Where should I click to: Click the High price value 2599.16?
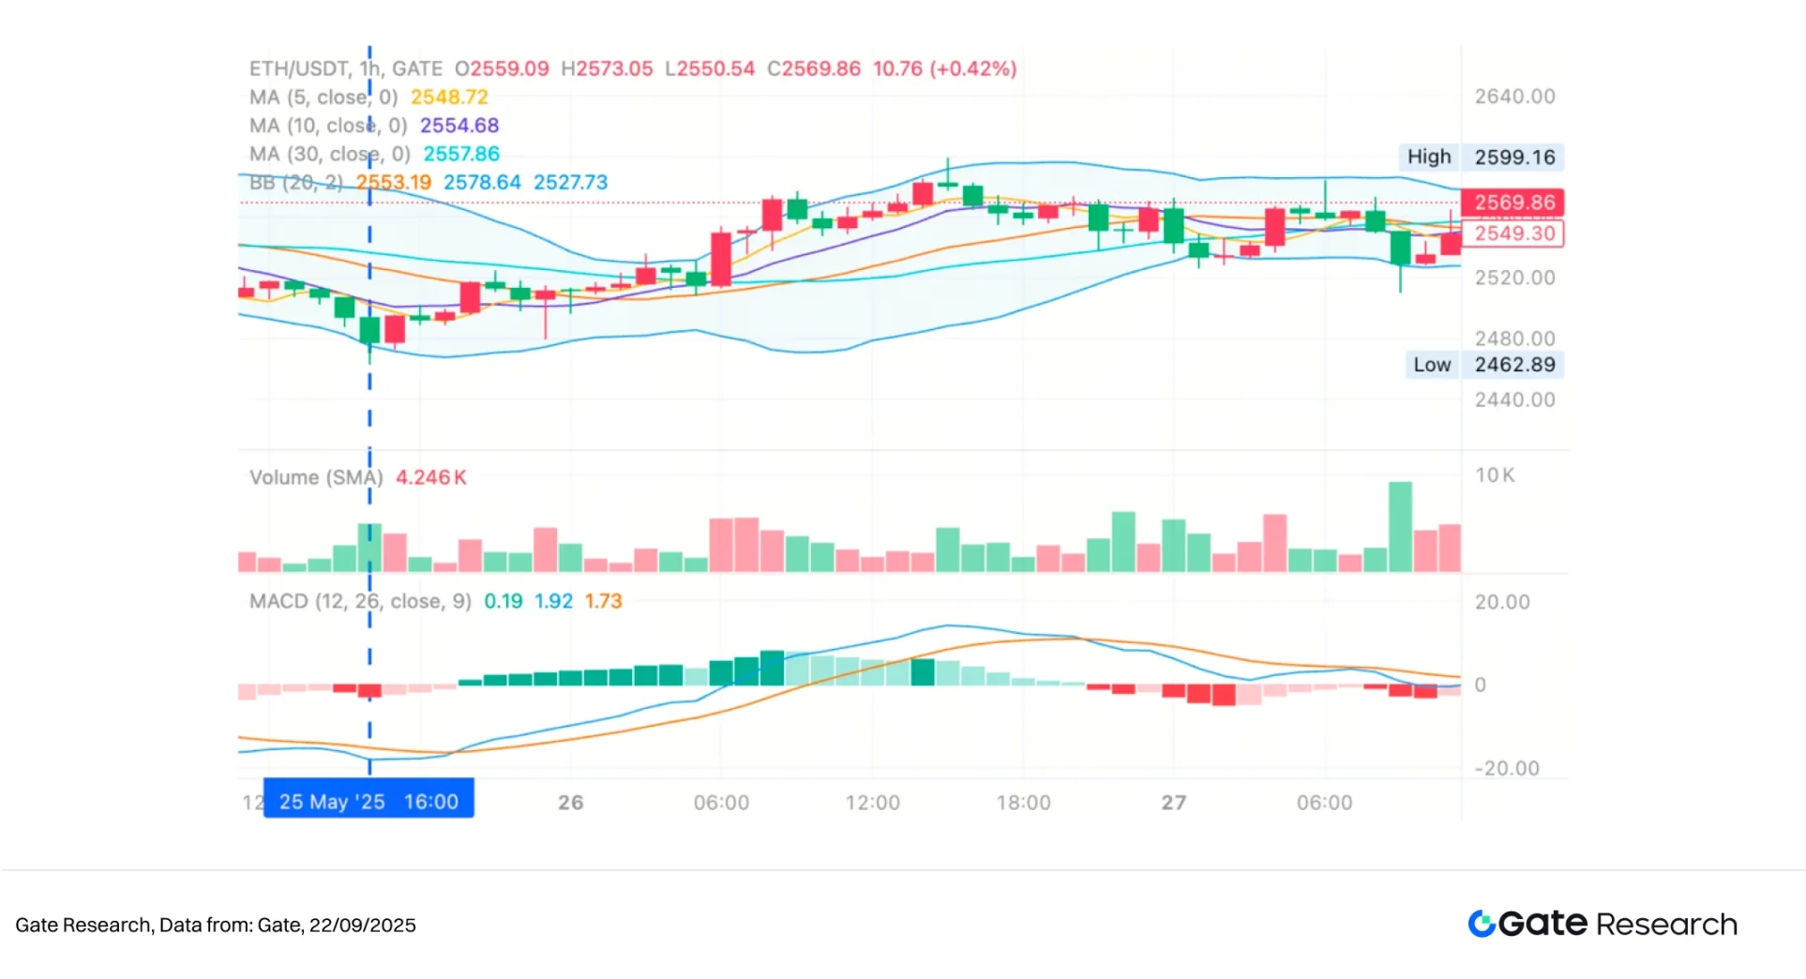coord(1514,157)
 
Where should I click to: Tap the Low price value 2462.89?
coord(1514,365)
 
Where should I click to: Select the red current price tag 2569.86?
coord(1513,203)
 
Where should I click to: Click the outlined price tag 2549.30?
coord(1513,233)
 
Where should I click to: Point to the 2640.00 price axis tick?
coord(1514,97)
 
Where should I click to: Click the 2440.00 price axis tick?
coord(1514,399)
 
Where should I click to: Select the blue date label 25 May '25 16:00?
coord(369,802)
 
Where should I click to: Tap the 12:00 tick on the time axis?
coord(872,803)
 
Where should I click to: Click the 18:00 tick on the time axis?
coord(1023,803)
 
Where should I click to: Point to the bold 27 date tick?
coord(1173,803)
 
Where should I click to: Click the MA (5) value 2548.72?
coord(449,98)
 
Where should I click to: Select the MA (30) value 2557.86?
coord(461,154)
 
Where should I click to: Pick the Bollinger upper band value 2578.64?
coord(482,182)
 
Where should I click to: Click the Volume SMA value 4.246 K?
coord(430,477)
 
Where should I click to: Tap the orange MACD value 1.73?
coord(603,601)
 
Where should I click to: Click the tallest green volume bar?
coord(1400,526)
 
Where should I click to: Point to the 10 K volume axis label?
coord(1495,475)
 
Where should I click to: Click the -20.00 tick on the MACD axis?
coord(1507,769)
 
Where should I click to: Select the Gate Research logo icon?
coord(1482,924)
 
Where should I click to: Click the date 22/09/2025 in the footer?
coord(362,926)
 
